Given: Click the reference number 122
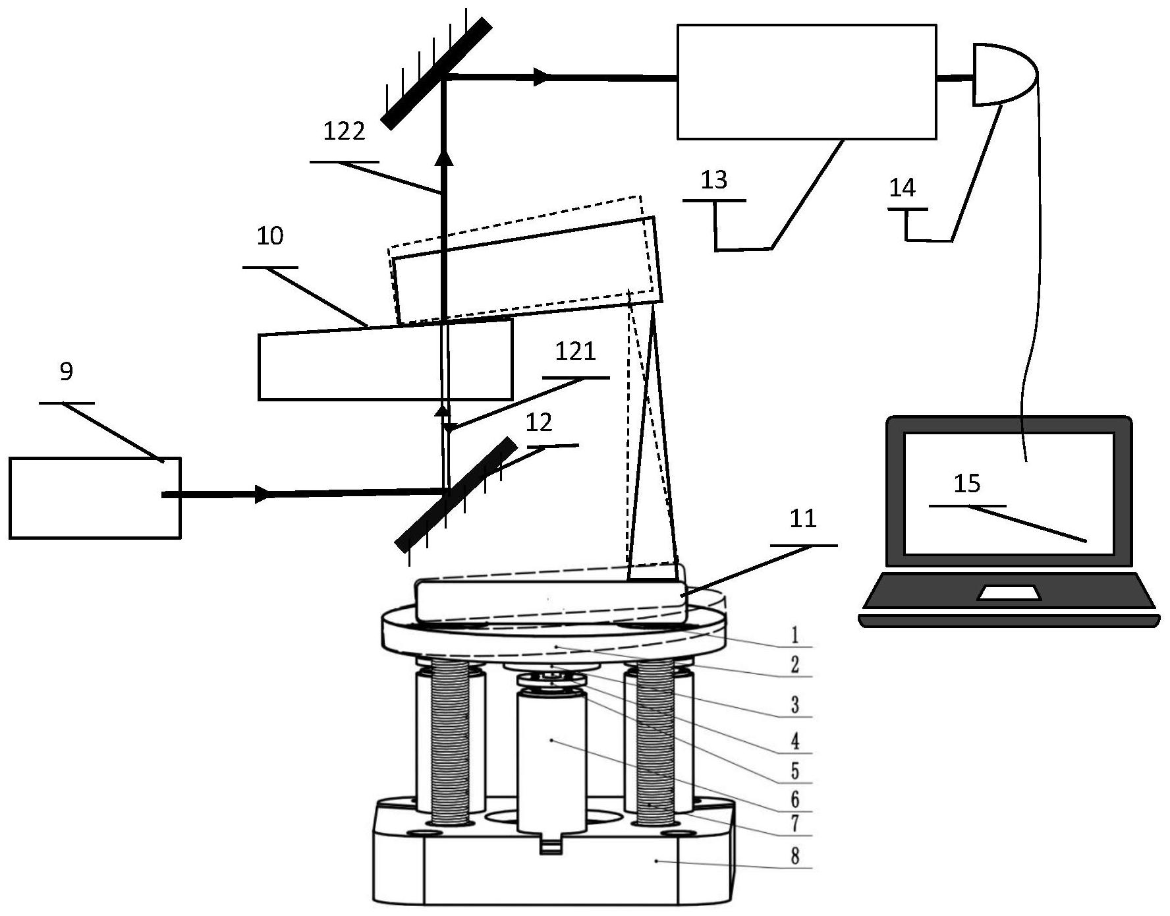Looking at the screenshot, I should (343, 132).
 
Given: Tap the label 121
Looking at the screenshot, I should (575, 352).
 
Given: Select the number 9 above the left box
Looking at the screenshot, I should (66, 372).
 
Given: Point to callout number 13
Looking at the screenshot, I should (714, 179).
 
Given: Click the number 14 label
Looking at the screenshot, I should (902, 188).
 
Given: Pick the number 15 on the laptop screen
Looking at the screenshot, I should (967, 484).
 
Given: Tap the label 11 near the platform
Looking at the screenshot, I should (803, 519).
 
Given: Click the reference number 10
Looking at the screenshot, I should (270, 236).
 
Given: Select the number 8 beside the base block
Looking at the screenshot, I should (795, 856).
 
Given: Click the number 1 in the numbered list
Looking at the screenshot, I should (795, 635).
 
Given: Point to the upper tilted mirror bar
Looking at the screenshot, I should (436, 73).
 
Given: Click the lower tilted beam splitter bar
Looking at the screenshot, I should (456, 494).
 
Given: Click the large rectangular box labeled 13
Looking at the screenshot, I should (806, 82).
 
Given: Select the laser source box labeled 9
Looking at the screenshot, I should (95, 498).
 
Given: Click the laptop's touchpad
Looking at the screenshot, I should (1009, 592).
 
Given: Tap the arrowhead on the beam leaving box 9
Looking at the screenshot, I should (264, 494).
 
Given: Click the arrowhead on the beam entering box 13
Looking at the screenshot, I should (541, 77).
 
